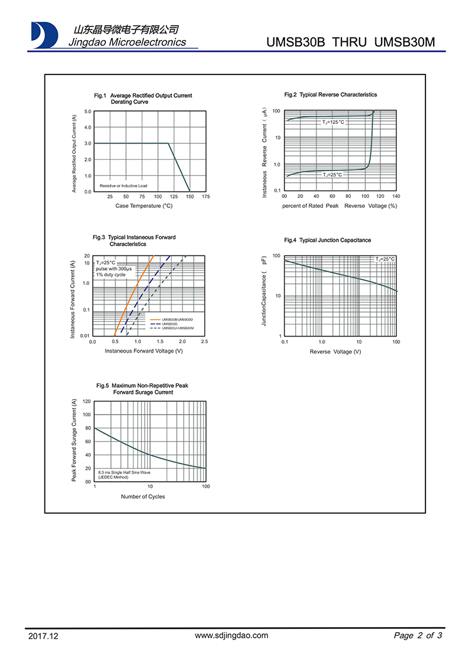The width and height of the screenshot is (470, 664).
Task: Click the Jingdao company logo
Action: [44, 34]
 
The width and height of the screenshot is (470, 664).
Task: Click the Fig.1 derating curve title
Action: [143, 98]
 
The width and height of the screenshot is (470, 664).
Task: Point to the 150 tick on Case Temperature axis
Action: [189, 197]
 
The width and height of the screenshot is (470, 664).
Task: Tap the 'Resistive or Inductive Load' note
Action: [123, 186]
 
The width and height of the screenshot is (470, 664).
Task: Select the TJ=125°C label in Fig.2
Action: [333, 122]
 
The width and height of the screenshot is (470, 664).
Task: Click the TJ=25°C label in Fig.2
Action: [333, 175]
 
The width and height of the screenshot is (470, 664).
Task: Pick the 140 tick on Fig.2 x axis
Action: [395, 197]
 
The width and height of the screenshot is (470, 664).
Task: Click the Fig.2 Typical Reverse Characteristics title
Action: [330, 95]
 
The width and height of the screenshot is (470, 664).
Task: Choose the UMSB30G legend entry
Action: [170, 324]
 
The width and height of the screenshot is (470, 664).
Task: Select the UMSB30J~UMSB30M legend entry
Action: [177, 328]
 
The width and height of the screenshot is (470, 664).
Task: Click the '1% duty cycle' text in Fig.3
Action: [111, 275]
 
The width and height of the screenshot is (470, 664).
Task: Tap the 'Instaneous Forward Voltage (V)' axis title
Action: [144, 351]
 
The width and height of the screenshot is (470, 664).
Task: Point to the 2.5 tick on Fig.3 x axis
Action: [204, 341]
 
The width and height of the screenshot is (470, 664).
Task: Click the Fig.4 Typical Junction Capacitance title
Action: [327, 241]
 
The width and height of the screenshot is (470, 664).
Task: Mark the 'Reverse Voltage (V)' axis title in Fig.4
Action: [335, 351]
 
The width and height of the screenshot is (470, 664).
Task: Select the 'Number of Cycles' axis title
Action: [143, 496]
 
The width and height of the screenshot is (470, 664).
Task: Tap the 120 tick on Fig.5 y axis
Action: [87, 401]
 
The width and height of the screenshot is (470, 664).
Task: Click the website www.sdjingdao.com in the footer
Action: [232, 635]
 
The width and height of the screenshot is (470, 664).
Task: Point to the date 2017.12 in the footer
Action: [43, 636]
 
